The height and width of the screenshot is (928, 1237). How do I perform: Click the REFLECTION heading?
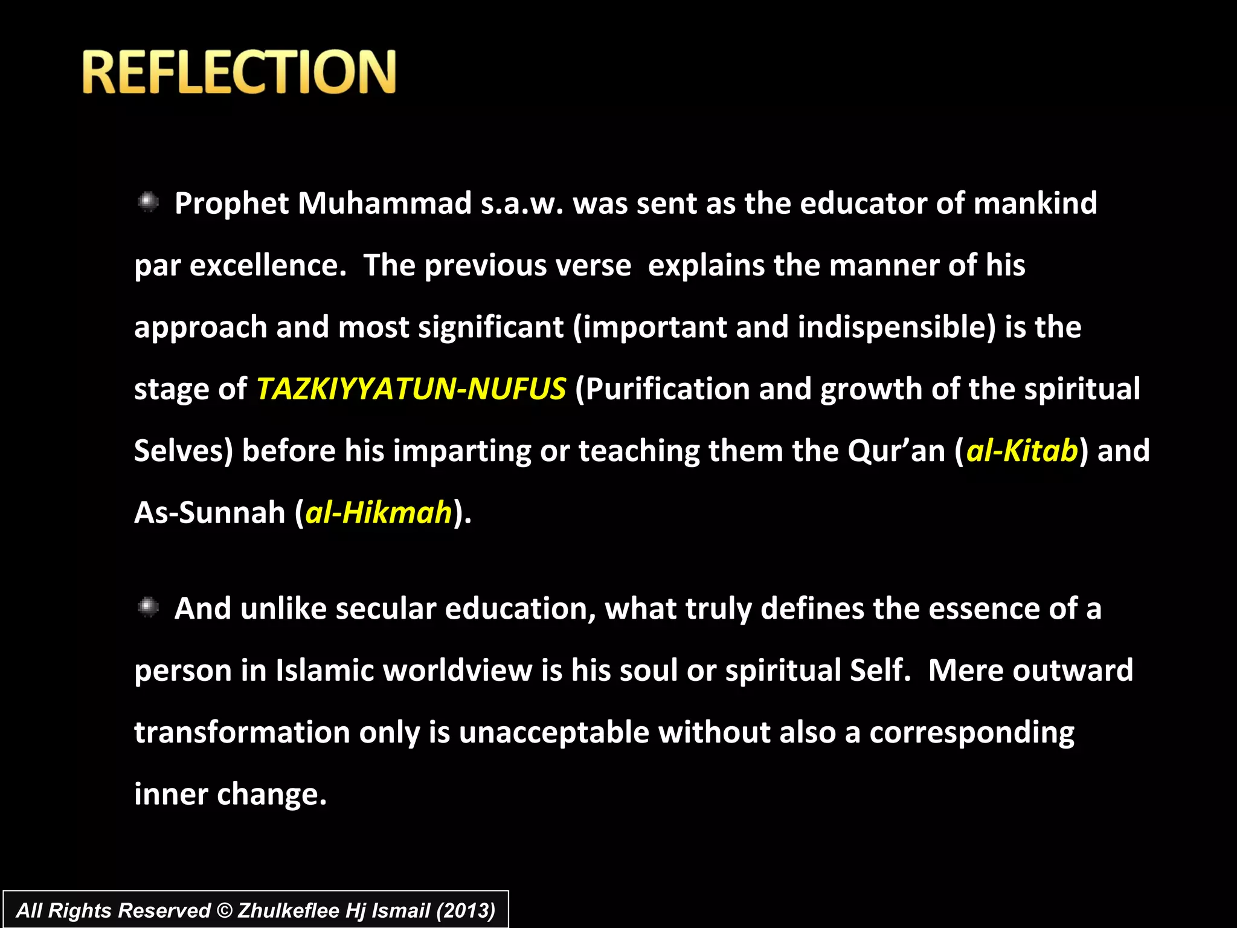pos(239,72)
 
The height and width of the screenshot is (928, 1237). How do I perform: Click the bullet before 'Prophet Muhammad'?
pos(147,202)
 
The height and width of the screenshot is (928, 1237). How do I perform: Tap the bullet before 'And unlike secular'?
pos(147,607)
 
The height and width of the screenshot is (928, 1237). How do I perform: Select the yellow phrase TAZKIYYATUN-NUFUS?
pos(411,388)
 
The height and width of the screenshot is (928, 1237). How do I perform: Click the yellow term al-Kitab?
pos(1022,451)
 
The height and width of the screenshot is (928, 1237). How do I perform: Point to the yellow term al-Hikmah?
pos(379,512)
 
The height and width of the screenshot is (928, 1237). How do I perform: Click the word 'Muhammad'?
pos(385,203)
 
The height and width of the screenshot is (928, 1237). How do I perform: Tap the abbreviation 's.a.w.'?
pos(522,204)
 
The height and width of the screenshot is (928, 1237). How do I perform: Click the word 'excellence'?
pos(268,265)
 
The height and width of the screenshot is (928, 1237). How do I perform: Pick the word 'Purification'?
pos(667,388)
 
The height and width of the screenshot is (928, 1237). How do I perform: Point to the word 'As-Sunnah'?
pos(209,512)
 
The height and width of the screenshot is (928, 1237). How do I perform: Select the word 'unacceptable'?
pos(553,732)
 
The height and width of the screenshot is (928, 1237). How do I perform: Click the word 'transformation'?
pos(242,732)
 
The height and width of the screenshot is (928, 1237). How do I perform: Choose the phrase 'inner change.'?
pos(230,794)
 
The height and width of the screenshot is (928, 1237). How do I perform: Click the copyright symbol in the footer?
pos(224,910)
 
